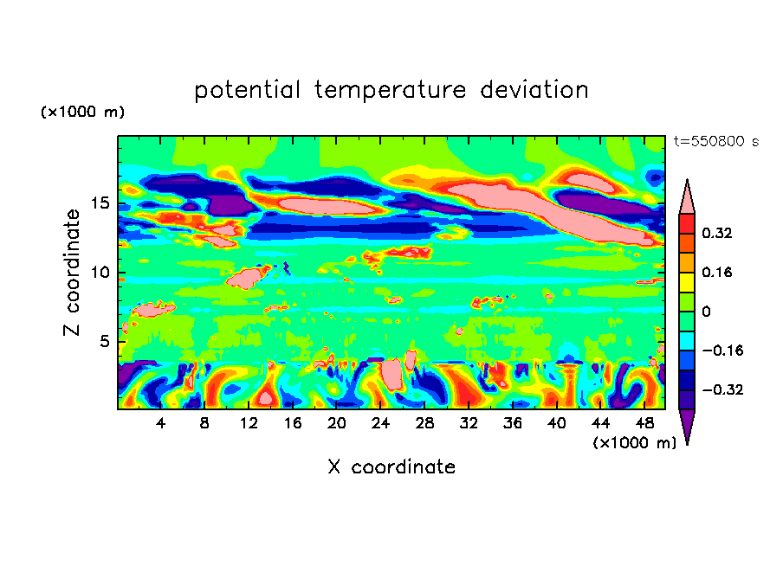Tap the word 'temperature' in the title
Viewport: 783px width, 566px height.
385,90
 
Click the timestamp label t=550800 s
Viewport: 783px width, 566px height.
715,142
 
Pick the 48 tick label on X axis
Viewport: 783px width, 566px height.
644,423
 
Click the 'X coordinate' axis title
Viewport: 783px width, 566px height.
391,467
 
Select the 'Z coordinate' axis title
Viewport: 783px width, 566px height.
73,273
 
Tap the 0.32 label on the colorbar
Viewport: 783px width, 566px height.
718,234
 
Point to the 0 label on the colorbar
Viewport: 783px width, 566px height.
706,312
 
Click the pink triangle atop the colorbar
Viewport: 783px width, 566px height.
687,197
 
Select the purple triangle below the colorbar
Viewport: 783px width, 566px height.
687,426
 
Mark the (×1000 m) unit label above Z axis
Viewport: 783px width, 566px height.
82,113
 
